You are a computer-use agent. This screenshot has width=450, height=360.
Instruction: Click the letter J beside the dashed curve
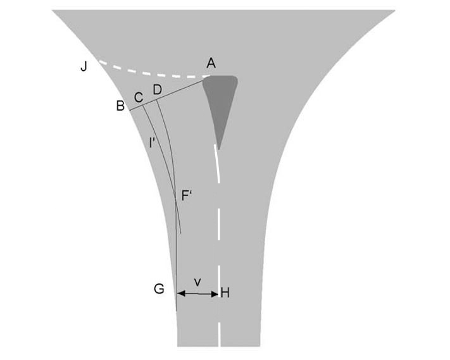click(84, 66)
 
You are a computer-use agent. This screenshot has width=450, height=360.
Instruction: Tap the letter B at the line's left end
click(120, 106)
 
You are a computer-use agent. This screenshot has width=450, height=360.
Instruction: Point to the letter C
click(138, 97)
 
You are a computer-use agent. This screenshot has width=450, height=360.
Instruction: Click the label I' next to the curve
click(153, 142)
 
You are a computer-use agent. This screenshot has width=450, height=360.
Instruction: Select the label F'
click(187, 196)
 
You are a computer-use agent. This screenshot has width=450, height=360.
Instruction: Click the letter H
click(224, 294)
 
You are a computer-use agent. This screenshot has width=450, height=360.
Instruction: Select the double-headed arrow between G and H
click(197, 294)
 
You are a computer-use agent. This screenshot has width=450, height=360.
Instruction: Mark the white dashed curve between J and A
click(152, 73)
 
